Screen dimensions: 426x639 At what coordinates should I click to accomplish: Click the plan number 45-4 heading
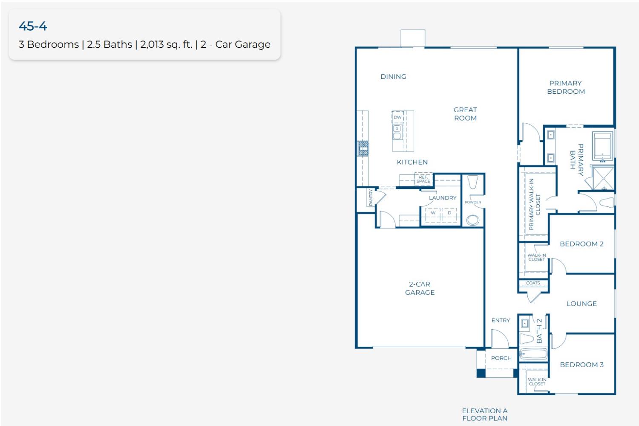click(33, 26)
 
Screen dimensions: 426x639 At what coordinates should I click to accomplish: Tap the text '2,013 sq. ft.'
click(166, 44)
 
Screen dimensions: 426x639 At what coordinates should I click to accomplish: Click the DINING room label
click(393, 77)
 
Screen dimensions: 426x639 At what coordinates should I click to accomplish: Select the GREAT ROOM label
click(465, 114)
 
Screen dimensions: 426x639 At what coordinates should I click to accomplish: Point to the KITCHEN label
click(412, 162)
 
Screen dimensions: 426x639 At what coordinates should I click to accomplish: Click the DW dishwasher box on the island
click(397, 117)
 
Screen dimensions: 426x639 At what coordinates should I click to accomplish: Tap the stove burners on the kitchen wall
click(363, 148)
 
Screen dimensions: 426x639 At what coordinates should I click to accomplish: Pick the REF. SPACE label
click(423, 179)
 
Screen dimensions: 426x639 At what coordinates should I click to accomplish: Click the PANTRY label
click(371, 198)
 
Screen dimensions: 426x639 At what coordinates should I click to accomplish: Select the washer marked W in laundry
click(433, 213)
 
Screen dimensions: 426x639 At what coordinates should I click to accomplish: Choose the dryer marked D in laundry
click(449, 213)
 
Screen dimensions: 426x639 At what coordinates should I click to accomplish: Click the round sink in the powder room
click(472, 220)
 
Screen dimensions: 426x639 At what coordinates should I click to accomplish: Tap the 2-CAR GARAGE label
click(420, 288)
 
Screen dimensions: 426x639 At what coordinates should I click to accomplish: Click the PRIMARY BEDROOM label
click(566, 87)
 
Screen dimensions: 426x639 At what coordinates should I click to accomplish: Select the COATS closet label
click(533, 283)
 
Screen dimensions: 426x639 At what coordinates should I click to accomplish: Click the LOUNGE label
click(581, 304)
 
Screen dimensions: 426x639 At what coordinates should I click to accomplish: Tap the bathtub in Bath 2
click(533, 354)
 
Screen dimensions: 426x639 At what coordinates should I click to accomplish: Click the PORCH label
click(501, 358)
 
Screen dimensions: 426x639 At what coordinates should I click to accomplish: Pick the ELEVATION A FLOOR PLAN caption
click(485, 414)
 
